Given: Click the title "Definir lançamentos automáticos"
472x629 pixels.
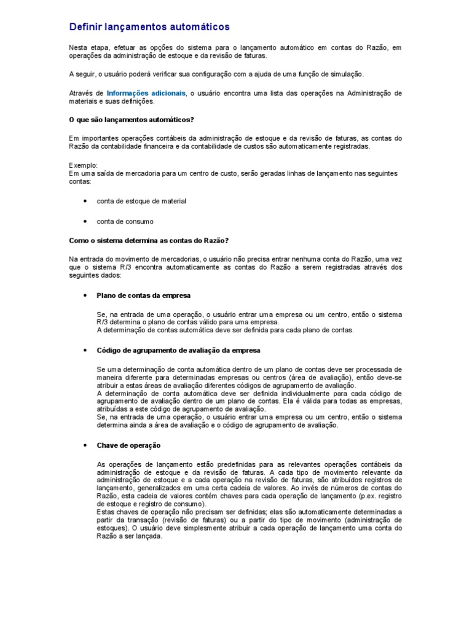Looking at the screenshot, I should pos(149,27).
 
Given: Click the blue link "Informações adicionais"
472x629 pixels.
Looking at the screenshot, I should pos(146,93).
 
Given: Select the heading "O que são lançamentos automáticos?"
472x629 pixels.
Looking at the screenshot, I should pos(132,119).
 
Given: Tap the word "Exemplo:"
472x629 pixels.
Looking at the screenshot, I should pos(82,166).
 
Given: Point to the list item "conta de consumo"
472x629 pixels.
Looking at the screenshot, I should pos(125,221).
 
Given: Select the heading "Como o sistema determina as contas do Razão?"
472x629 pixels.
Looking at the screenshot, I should pos(149,240).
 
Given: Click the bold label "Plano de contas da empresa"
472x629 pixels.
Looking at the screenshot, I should pos(144,295).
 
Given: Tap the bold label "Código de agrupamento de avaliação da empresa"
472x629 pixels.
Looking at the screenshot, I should pos(178,350).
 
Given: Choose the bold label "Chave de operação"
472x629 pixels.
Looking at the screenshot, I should pos(128,445).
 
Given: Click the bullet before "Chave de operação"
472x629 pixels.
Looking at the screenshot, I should pos(84,445).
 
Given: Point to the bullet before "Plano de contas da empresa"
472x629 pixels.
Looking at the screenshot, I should pos(84,295).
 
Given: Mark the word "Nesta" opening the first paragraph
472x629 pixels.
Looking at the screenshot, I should pos(79,47).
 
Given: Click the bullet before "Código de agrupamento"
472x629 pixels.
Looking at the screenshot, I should pos(84,350).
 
